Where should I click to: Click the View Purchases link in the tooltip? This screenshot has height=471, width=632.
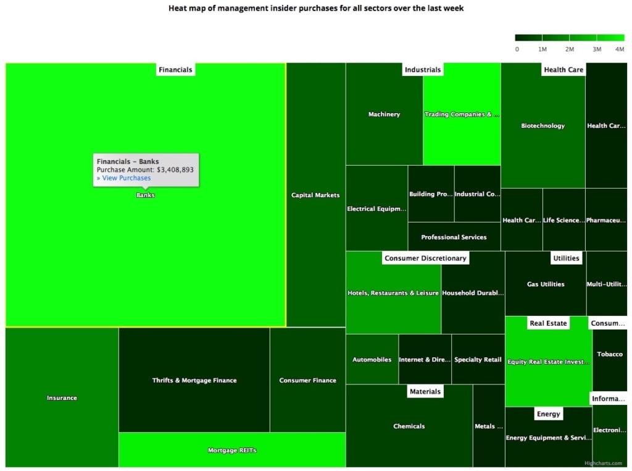pyautogui.click(x=123, y=178)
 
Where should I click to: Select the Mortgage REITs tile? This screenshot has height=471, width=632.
pyautogui.click(x=232, y=450)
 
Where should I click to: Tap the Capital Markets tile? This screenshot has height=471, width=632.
pyautogui.click(x=315, y=195)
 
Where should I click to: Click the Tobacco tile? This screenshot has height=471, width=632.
pyautogui.click(x=610, y=354)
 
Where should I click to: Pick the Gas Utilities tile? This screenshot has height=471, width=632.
pyautogui.click(x=546, y=284)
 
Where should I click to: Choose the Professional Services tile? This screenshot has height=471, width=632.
pyautogui.click(x=454, y=237)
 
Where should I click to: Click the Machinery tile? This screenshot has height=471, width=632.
pyautogui.click(x=384, y=114)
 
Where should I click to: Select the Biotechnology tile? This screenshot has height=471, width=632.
pyautogui.click(x=543, y=125)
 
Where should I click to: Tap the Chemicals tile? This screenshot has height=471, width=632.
pyautogui.click(x=409, y=426)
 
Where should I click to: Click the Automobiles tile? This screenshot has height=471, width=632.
pyautogui.click(x=372, y=360)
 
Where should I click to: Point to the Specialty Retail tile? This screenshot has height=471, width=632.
pyautogui.click(x=478, y=360)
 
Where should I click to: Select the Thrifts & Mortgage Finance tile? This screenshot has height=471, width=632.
pyautogui.click(x=194, y=380)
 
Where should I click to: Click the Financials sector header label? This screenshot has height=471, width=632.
pyautogui.click(x=175, y=70)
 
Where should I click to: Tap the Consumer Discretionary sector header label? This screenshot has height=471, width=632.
pyautogui.click(x=426, y=258)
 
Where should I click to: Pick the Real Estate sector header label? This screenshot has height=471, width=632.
pyautogui.click(x=548, y=323)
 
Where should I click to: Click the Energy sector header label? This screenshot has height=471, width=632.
pyautogui.click(x=548, y=414)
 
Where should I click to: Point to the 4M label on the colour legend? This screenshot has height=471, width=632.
pyautogui.click(x=619, y=49)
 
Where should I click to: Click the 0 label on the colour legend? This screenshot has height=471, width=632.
pyautogui.click(x=517, y=49)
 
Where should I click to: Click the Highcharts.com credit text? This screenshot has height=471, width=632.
pyautogui.click(x=605, y=462)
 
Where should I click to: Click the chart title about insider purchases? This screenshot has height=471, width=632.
pyautogui.click(x=315, y=9)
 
